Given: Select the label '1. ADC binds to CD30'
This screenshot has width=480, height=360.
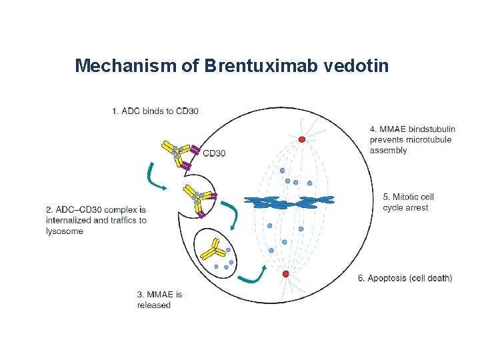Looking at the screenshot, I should [155, 111].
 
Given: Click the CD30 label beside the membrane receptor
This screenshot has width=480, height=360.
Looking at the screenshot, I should [214, 153].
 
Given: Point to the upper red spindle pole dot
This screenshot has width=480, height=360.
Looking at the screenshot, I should [302, 139].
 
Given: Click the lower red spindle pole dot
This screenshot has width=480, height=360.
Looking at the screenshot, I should [285, 274].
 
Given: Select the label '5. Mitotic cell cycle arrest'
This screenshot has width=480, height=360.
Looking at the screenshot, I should [409, 202].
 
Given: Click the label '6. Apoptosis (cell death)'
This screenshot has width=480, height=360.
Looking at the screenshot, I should [405, 278].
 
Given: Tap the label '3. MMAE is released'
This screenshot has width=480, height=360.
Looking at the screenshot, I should [159, 299].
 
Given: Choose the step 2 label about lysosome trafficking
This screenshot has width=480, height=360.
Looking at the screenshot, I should [97, 220].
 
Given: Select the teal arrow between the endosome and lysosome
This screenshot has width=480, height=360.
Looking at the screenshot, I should [231, 213].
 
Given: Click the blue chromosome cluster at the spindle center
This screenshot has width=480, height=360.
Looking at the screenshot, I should [289, 201].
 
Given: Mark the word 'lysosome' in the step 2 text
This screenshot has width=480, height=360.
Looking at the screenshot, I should [65, 231].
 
